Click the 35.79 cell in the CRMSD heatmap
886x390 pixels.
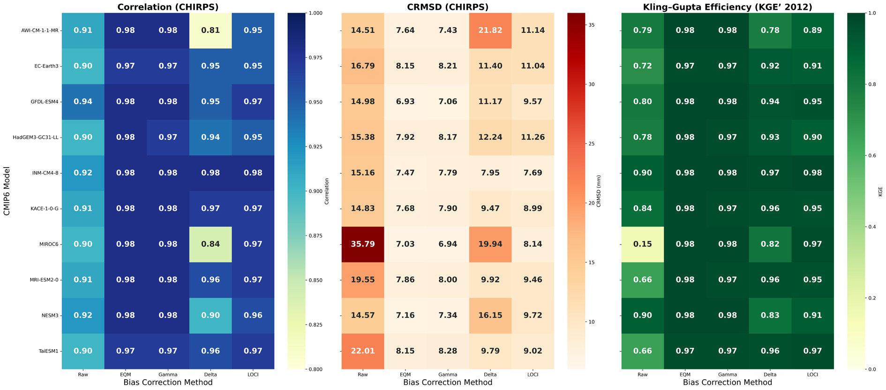click(363, 244)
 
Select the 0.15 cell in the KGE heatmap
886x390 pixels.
click(643, 244)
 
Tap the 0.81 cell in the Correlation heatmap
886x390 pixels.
click(210, 31)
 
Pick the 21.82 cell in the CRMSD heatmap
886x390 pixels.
click(490, 31)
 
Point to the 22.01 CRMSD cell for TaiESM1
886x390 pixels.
click(363, 351)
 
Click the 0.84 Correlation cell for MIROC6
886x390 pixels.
click(210, 244)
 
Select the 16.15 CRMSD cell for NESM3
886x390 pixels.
click(490, 315)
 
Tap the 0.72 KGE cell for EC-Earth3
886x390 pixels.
click(643, 66)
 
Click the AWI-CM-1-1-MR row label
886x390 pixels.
click(40, 31)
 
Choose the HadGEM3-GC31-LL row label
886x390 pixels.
click(36, 138)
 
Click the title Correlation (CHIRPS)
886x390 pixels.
click(168, 7)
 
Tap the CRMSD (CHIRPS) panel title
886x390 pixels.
click(448, 7)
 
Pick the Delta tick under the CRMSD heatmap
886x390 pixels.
click(490, 375)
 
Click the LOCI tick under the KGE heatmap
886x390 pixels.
click(812, 375)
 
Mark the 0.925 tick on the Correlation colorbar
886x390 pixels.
click(315, 147)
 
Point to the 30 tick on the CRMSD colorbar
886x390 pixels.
click(592, 84)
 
